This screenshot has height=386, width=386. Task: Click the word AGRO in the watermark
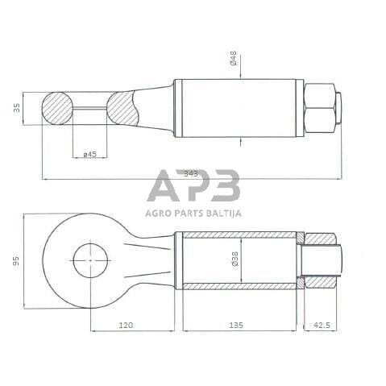point(160,213)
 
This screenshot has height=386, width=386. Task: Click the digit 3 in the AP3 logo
point(226,187)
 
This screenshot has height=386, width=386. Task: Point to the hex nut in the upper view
point(320,108)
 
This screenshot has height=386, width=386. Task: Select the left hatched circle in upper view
point(56,108)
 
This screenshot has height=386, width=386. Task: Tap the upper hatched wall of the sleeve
point(239,235)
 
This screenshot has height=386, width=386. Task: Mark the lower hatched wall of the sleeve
point(239,285)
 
